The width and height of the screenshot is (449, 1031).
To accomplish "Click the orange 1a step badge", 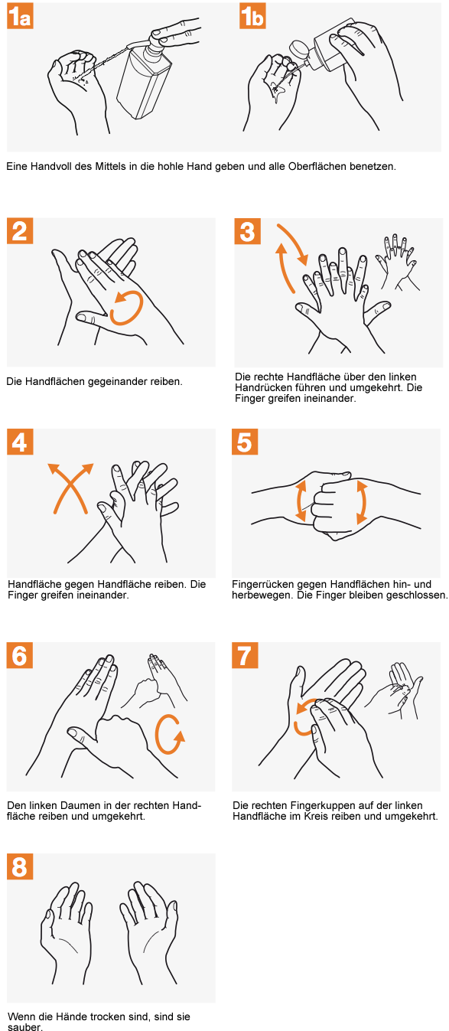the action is click(20, 15).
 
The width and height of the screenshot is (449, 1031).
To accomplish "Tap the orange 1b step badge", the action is click(252, 15).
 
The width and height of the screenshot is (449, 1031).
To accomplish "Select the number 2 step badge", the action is click(20, 230).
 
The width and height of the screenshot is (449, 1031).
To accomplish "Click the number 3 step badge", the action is click(248, 230).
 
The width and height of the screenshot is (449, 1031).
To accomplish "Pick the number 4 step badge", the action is click(20, 442).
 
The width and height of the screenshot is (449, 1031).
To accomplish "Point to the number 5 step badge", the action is click(245, 442).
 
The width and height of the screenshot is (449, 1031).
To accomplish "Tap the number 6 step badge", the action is click(20, 655).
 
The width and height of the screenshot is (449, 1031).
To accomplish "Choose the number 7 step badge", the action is click(245, 655).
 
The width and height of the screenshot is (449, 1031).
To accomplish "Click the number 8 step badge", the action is click(20, 866).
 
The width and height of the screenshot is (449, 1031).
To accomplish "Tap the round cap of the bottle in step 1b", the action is click(298, 49).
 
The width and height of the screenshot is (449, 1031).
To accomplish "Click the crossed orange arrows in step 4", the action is click(70, 488).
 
